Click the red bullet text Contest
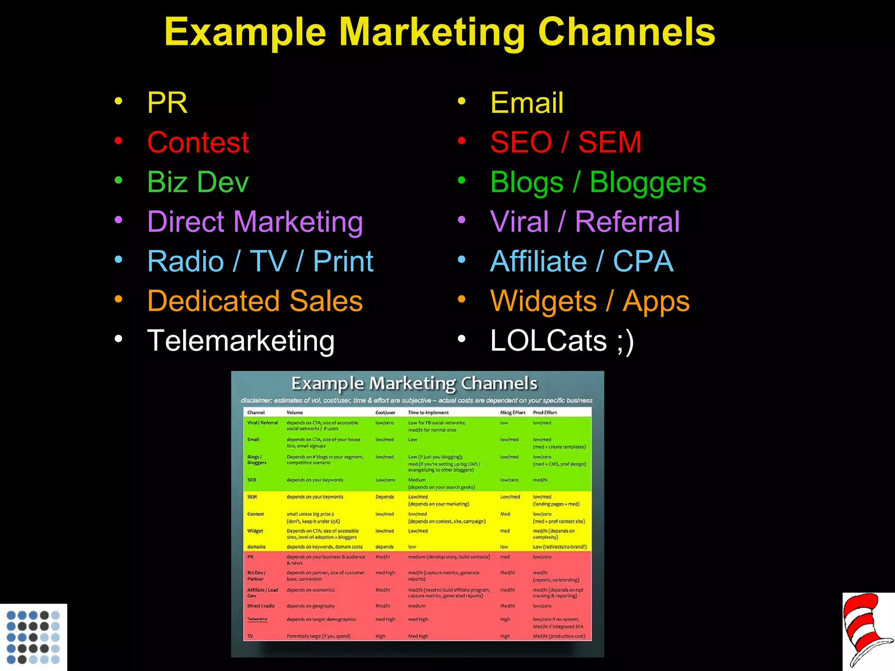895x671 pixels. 198,142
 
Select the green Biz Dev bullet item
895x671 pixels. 198,182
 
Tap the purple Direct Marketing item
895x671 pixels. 255,222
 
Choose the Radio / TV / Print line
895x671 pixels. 260,262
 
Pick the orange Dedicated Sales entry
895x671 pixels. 255,301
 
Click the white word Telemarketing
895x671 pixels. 241,341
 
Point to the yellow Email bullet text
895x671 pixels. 527,103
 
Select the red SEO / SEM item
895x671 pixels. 565,142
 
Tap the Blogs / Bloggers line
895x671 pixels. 598,182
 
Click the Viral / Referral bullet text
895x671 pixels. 585,222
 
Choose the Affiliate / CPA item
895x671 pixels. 582,262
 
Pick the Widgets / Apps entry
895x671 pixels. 590,301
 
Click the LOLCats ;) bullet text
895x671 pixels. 562,341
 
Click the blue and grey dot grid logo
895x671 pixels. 33,637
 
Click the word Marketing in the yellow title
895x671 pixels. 432,32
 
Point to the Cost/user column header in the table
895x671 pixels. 385,412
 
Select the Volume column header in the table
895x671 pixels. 295,412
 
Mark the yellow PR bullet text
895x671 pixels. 167,103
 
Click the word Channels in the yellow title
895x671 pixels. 626,32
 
